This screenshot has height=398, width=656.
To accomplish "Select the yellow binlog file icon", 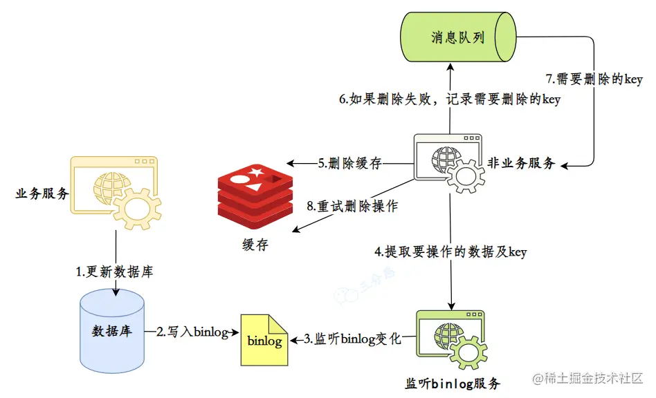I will (x=264, y=340).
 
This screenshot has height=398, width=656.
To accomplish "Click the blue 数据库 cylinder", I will (x=112, y=330).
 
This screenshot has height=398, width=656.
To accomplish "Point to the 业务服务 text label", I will (x=42, y=193).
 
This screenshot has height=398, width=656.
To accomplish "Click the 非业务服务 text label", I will (x=523, y=163).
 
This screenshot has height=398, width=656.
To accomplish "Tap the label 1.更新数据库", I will (x=114, y=272).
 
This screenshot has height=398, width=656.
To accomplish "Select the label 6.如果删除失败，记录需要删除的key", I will (x=449, y=99).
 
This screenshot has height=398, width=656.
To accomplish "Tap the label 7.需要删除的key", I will (x=594, y=79).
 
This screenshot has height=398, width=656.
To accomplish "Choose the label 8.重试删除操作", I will (x=352, y=206).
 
